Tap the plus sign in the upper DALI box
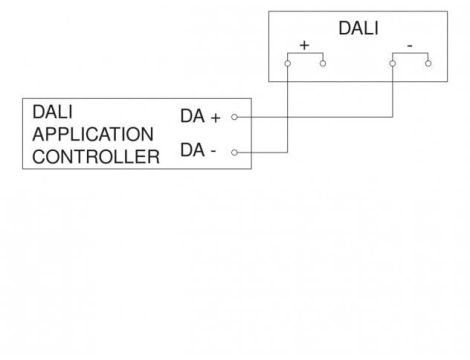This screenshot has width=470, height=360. click(303, 46)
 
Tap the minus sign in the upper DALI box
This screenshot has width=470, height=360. click(409, 46)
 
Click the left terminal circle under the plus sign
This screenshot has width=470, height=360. click(287, 62)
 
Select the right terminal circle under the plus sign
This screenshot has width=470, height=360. click(323, 62)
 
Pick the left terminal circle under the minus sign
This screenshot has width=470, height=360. click(392, 62)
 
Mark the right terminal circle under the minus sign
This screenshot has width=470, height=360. click(428, 62)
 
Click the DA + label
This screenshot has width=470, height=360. click(200, 116)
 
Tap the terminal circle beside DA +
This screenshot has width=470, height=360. click(233, 116)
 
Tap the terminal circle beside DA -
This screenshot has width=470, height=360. click(233, 152)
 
